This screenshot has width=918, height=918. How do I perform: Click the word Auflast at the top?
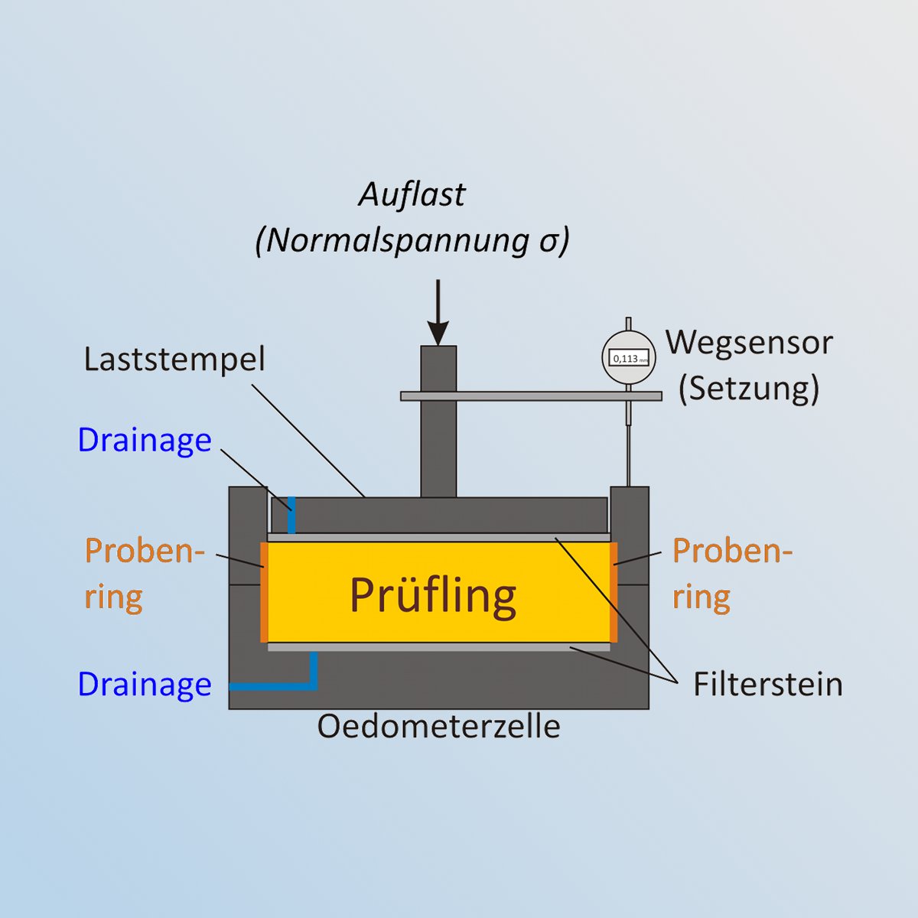412,195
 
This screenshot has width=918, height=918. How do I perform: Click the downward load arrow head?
438,333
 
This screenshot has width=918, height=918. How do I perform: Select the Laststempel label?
174,360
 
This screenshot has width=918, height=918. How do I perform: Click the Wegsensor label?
750,343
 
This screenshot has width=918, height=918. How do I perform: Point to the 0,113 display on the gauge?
628,359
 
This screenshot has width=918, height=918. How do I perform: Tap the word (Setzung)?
749,389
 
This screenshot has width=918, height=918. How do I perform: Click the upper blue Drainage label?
145,440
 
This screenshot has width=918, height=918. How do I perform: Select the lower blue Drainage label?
145,685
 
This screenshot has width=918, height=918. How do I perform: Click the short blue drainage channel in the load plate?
291,515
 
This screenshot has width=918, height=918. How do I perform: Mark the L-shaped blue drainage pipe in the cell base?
313,686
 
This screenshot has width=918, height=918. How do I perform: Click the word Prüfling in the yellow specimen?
433,595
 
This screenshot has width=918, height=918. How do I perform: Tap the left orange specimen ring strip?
264,592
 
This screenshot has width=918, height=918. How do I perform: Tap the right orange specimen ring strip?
614,592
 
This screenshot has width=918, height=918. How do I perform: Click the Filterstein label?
767,685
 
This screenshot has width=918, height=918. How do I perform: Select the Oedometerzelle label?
439,727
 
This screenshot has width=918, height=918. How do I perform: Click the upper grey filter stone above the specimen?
439,537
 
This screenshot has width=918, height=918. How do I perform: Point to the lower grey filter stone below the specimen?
439,647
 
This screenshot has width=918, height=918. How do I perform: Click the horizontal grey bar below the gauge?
531,396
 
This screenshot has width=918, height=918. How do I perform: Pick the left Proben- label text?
145,552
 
